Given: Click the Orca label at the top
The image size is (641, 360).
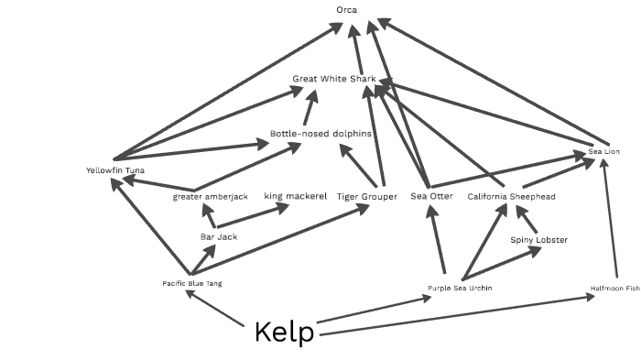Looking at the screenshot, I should click(x=347, y=11).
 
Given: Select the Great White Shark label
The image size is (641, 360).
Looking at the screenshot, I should click(x=334, y=80).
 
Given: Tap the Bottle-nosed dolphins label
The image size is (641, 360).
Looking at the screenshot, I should click(x=320, y=134).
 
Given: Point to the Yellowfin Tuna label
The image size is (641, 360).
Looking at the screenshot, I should click(x=114, y=170).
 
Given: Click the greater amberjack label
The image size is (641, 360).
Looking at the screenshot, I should click(x=210, y=197).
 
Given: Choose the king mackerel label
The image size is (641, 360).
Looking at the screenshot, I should click(x=295, y=196).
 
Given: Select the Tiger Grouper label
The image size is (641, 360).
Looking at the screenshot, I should click(x=366, y=197).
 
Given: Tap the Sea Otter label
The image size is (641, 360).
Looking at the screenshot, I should click(x=431, y=197).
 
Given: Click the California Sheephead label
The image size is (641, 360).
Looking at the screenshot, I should click(x=511, y=197).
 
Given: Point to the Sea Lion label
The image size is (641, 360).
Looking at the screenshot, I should click(x=603, y=151).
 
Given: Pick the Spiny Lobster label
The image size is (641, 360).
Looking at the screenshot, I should click(x=538, y=240).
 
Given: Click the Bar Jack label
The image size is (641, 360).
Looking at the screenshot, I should click(x=219, y=237).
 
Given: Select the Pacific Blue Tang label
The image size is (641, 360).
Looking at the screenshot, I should click(x=191, y=284).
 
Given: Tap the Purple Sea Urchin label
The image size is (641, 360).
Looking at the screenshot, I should click(x=460, y=289).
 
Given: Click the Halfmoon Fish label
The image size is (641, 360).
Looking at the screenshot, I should click(x=614, y=289).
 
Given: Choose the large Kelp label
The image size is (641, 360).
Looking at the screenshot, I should click(x=284, y=333).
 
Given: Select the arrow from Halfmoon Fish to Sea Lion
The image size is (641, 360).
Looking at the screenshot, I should click(x=611, y=220).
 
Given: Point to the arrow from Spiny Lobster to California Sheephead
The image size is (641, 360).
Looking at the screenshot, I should click(x=528, y=221).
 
